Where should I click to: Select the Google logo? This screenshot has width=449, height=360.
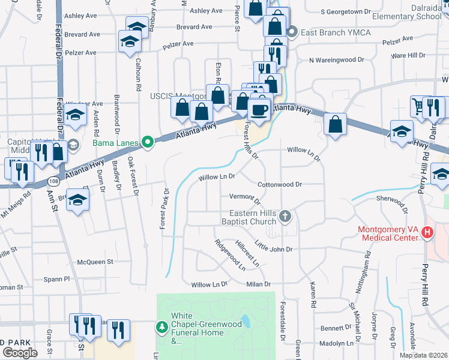(x=20, y=353)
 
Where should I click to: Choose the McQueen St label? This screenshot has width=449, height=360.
(x=95, y=262)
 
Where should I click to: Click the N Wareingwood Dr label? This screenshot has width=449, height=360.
(x=337, y=60)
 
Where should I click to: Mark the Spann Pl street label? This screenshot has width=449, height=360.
(x=59, y=279)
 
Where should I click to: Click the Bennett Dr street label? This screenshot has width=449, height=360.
(x=335, y=328)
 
